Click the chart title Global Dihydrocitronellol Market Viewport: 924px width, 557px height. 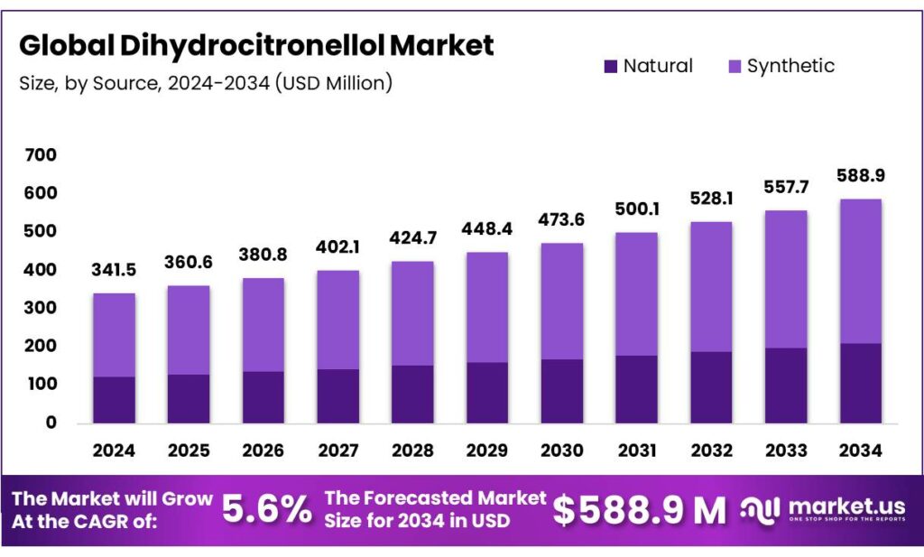[256, 45]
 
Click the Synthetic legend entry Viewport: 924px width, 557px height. [781, 66]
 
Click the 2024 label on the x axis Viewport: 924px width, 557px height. [115, 449]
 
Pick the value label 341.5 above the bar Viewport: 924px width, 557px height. [115, 270]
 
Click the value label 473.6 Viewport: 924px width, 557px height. [561, 220]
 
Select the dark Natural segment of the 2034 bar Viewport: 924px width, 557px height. [859, 383]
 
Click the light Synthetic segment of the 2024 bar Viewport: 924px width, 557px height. [115, 335]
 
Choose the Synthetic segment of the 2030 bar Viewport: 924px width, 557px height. [561, 302]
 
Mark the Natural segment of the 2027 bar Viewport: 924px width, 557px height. [337, 395]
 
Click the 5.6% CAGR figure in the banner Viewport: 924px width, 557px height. [267, 511]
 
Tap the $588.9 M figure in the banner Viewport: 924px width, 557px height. [639, 511]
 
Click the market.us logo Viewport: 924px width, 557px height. [822, 511]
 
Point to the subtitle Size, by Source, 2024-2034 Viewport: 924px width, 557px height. [205, 84]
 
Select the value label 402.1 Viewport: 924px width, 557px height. [337, 246]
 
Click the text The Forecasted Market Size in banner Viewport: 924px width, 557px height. [435, 509]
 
